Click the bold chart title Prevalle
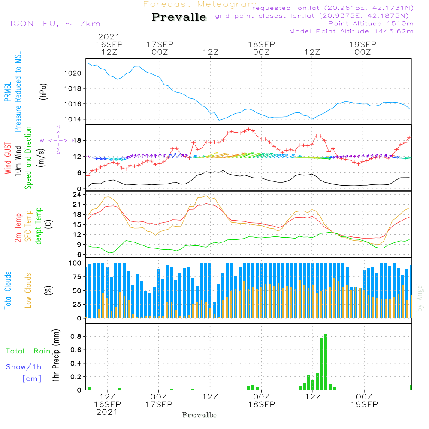point(179,18)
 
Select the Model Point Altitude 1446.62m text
point(351,31)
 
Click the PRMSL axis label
point(7,92)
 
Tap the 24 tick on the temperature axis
point(77,194)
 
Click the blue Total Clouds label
point(7,290)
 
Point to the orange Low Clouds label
point(28,290)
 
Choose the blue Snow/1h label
point(24,367)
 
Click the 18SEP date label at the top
point(261,44)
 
